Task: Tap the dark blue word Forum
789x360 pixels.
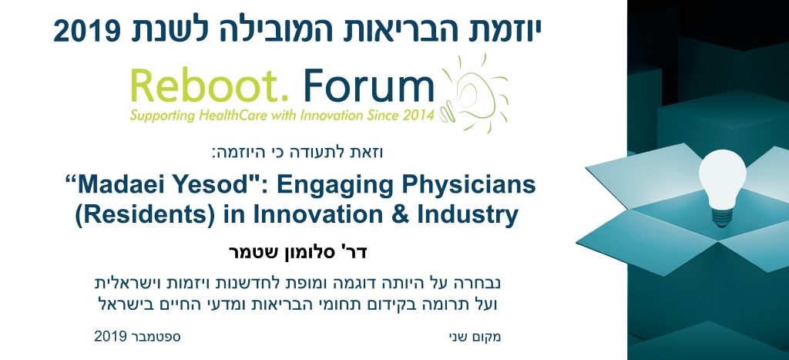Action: tap(369, 86)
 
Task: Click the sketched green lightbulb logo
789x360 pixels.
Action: tap(473, 94)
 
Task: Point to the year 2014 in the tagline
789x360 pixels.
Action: tap(417, 116)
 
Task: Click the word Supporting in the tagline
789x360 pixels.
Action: tap(162, 116)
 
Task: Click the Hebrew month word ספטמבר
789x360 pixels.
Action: tap(156, 336)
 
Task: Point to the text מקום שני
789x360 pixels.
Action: tap(475, 336)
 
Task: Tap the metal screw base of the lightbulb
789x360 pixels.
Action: tap(720, 216)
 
